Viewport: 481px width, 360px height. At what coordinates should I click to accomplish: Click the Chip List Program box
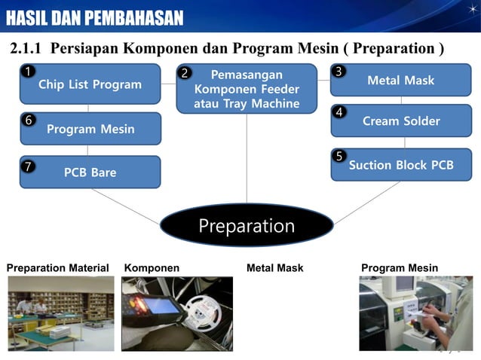90,84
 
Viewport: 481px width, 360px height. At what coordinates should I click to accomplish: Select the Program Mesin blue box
90,129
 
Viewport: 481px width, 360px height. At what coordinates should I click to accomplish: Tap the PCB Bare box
90,172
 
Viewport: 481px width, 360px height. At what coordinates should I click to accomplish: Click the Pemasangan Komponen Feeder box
247,89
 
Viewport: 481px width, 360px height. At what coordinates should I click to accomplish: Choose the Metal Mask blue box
400,80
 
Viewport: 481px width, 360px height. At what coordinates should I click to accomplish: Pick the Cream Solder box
400,121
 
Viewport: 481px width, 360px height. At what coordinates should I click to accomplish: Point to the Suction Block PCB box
400,164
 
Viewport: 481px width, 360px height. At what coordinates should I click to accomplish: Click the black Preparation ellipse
247,226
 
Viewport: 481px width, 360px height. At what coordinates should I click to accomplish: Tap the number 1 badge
27,72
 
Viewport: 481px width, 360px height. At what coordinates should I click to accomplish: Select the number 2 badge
185,74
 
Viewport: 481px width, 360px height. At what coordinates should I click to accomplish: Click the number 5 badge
339,156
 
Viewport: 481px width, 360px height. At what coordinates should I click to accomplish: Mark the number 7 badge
27,166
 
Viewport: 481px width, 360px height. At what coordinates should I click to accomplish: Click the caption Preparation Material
57,268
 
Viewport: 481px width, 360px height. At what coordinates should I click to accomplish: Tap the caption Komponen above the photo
152,268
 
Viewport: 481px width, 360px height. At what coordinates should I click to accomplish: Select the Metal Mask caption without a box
274,268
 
